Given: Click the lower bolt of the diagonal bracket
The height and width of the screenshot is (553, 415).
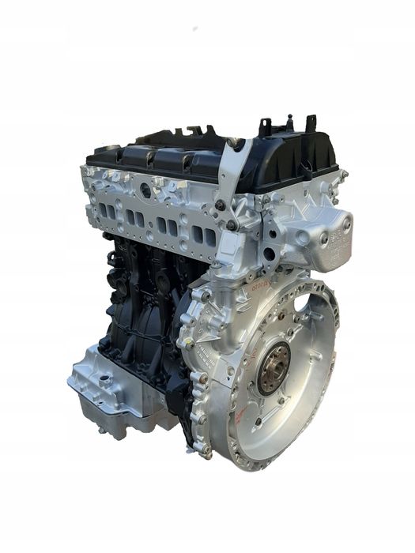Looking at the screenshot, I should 231,224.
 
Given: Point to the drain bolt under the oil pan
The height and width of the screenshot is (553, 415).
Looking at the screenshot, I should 103,431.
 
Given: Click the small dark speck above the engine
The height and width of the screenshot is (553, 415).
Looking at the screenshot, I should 194,28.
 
